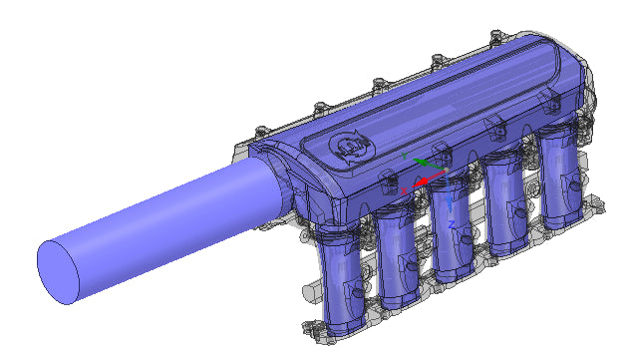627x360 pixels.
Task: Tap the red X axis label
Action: [404, 188]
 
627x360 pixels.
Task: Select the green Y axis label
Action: [404, 157]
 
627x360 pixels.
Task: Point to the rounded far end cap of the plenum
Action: [578, 95]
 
